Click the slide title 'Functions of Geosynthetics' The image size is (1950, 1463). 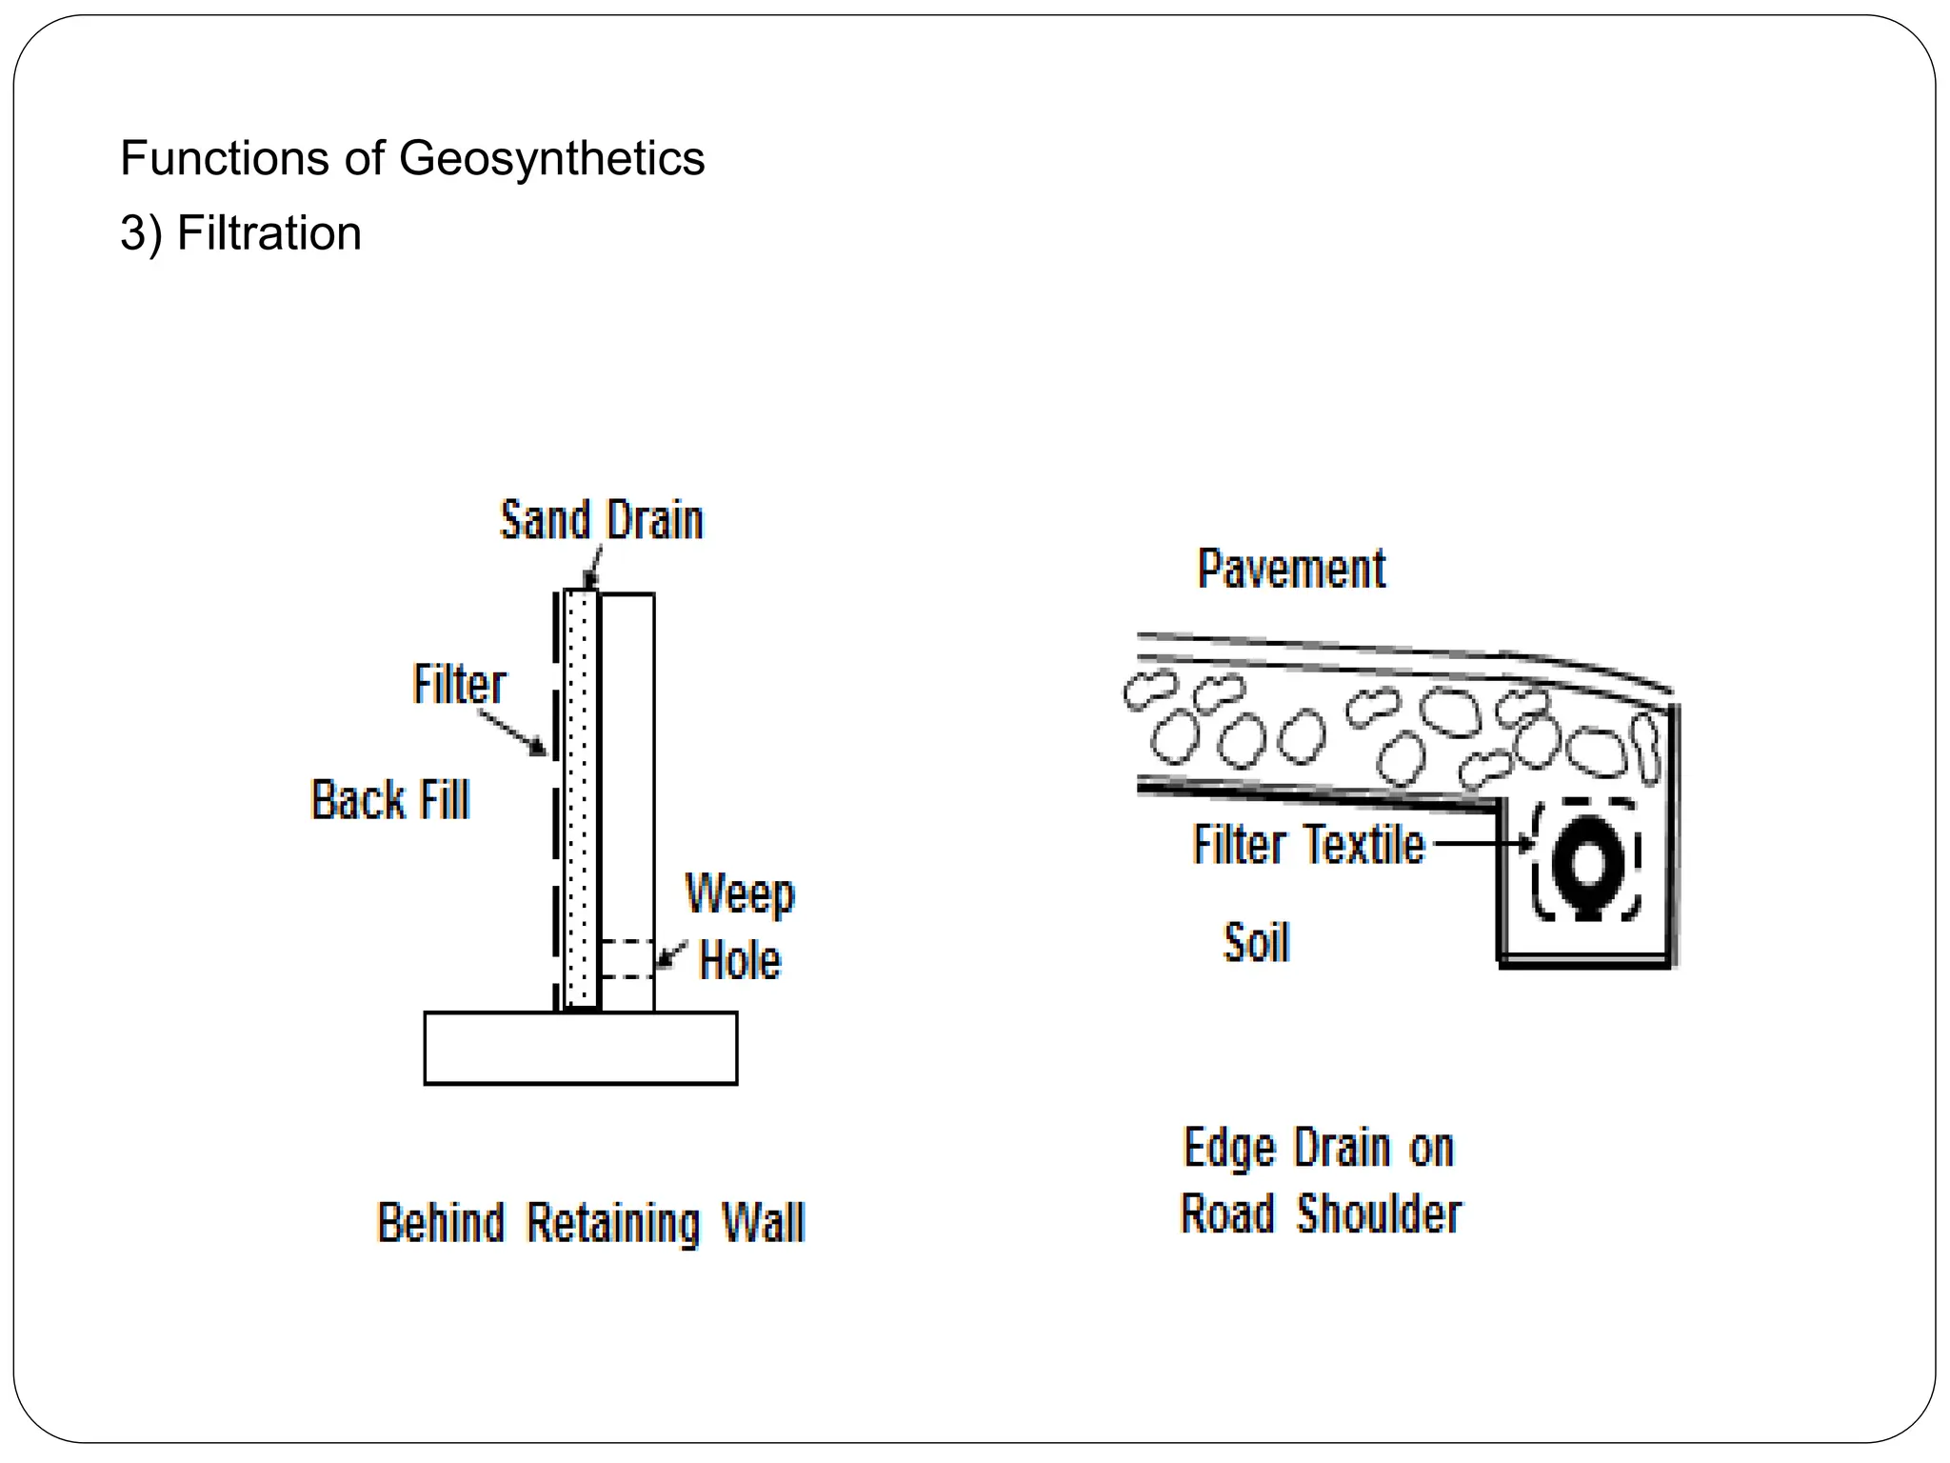coord(412,158)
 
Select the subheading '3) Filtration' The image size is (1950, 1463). coord(241,233)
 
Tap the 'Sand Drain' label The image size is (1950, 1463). coord(602,521)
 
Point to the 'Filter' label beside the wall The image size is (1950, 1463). coord(459,684)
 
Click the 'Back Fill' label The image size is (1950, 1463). coord(390,799)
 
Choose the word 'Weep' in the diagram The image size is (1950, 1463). coord(740,894)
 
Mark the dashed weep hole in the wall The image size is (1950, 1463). coord(626,958)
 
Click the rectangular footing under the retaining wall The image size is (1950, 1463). coord(580,1048)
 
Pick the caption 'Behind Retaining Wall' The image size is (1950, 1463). coord(591,1223)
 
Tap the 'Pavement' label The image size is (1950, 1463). coord(1291,570)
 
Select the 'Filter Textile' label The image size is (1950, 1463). coord(1308,845)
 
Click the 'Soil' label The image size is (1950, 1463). coord(1256,943)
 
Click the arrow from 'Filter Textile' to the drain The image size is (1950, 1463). coord(1482,843)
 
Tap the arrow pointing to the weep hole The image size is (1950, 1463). coord(672,953)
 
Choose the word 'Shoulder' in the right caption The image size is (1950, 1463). coord(1379,1213)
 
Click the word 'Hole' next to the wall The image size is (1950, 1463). coord(740,960)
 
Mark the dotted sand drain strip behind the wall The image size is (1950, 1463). coord(580,800)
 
